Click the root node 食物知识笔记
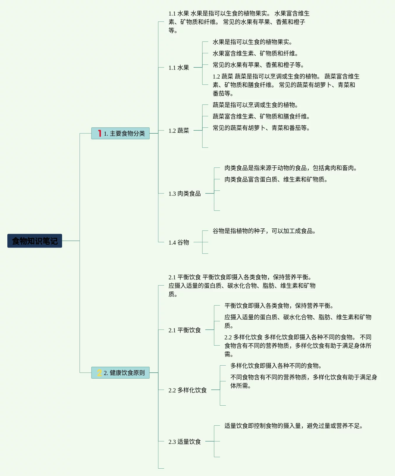(x=35, y=241)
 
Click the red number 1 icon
(x=100, y=133)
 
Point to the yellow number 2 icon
(x=99, y=373)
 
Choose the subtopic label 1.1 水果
(x=179, y=68)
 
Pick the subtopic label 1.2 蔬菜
(x=179, y=131)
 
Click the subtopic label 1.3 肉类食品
(x=184, y=194)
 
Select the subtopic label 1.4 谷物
(x=179, y=243)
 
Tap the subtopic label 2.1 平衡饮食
(x=184, y=330)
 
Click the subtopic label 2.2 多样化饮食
(x=187, y=390)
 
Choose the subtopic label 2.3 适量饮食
(x=184, y=442)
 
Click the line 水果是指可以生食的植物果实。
(x=252, y=42)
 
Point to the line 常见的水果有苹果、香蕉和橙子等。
(x=258, y=65)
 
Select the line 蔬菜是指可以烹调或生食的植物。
(x=255, y=105)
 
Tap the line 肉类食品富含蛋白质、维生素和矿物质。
(x=276, y=180)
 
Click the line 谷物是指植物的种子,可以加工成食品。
(x=264, y=231)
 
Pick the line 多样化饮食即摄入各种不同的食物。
(x=276, y=366)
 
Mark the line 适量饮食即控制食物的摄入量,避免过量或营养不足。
(x=293, y=426)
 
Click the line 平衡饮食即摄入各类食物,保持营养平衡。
(x=279, y=306)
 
